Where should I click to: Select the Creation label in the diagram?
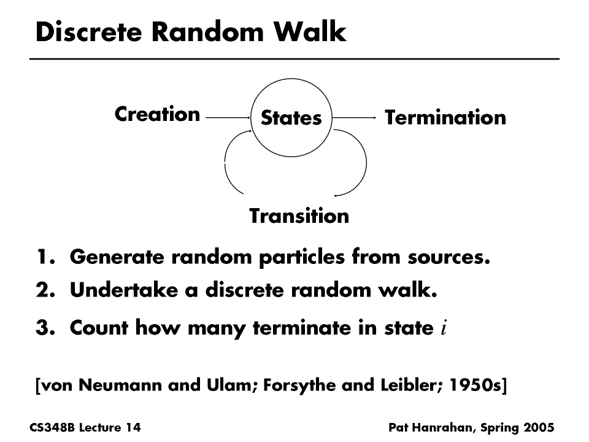pos(157,114)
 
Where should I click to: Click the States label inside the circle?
pos(291,118)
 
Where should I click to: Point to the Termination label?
pos(445,117)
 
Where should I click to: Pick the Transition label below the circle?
pos(299,216)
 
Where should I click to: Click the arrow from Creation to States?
pos(228,117)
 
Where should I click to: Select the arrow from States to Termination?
pos(355,117)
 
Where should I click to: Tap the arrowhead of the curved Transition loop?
pos(336,195)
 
